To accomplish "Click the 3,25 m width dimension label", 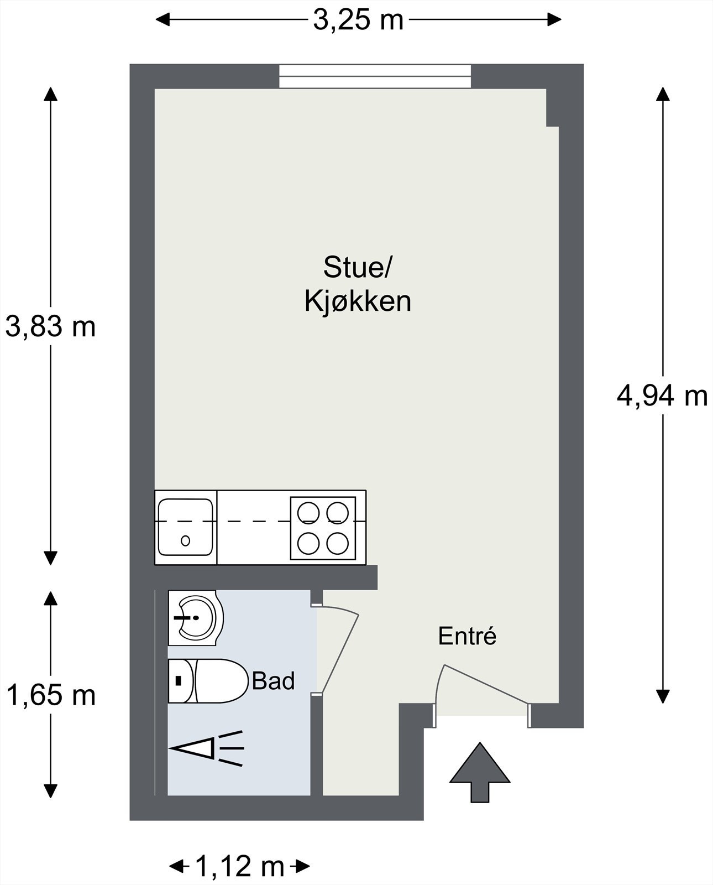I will point(358,21).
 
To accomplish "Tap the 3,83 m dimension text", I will point(50,326).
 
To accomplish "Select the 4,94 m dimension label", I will point(662,396).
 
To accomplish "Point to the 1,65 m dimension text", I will point(50,695).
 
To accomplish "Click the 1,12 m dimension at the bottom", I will point(239,866).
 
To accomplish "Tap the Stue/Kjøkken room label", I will point(358,285).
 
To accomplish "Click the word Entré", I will point(467,636).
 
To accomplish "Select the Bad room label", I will point(273,681).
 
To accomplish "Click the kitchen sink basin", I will point(185,527).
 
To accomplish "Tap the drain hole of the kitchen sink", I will point(186,540).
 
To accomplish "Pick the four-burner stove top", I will point(323,528).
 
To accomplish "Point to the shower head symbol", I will point(207,748).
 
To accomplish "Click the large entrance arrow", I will point(480,772).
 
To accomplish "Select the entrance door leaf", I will point(485,684).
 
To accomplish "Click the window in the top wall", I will point(375,76).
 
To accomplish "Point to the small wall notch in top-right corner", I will point(552,108).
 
